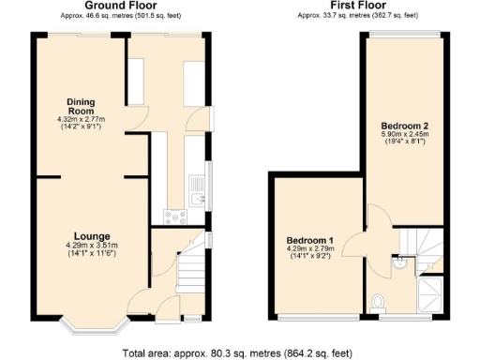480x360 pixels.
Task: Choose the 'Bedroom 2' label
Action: (404, 125)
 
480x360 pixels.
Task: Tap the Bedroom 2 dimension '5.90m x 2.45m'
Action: (404, 135)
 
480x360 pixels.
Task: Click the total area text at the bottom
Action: (238, 353)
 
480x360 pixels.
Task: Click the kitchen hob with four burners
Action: (173, 217)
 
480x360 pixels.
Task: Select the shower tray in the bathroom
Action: (431, 292)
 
